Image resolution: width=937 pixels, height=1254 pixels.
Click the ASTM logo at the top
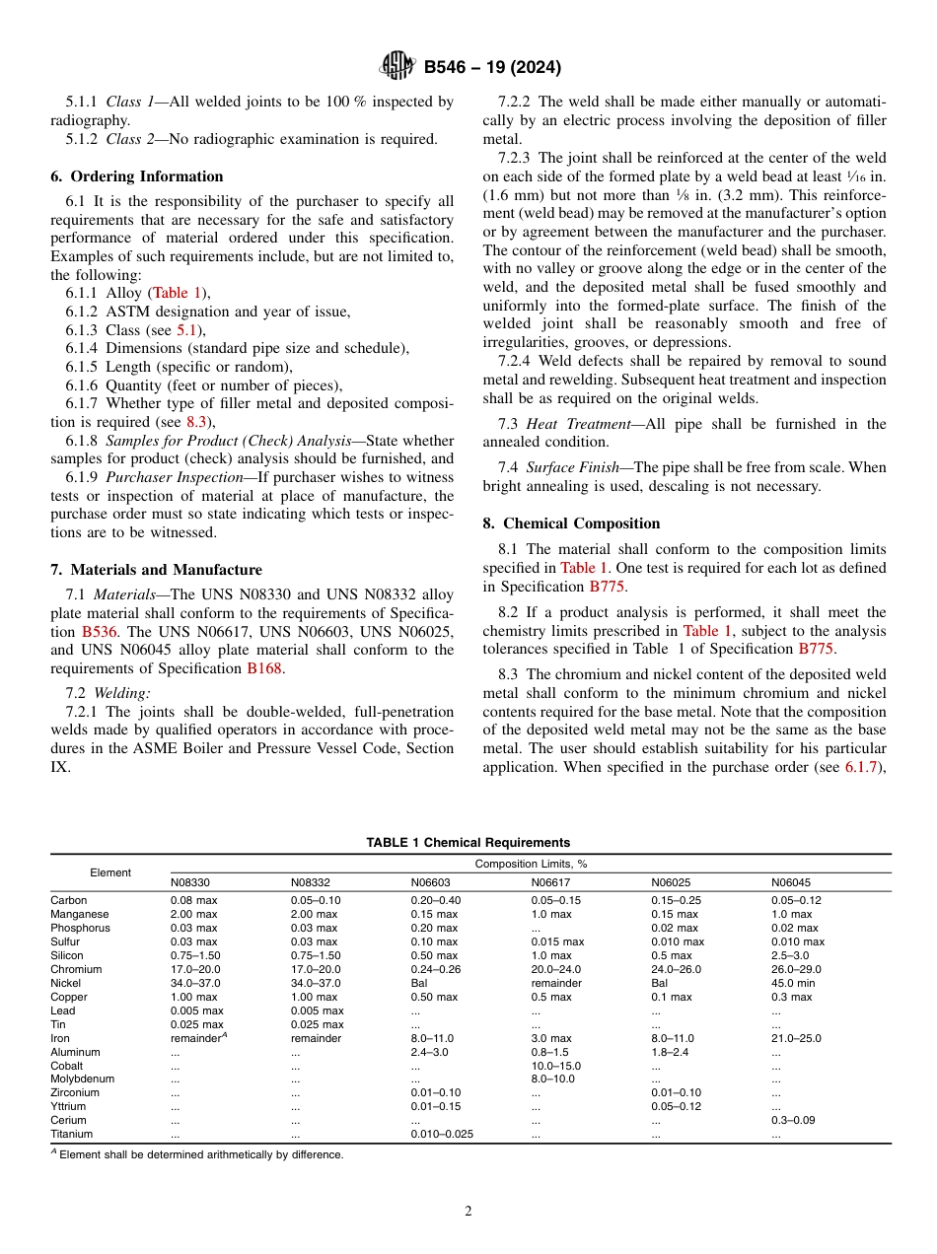(x=397, y=67)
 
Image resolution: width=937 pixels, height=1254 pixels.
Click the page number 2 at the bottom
(x=468, y=1211)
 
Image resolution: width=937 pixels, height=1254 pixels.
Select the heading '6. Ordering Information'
(x=136, y=176)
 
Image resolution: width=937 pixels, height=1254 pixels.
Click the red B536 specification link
(x=100, y=631)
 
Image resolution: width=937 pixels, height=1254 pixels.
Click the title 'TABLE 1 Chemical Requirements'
(x=468, y=842)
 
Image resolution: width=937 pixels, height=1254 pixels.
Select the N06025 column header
(x=671, y=882)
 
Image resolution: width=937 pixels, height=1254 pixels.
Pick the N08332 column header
(x=310, y=882)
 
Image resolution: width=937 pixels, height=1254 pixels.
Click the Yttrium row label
(x=68, y=1106)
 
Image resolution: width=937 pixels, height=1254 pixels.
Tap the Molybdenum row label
(x=82, y=1079)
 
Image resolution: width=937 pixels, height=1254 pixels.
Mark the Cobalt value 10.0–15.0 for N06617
(x=555, y=1066)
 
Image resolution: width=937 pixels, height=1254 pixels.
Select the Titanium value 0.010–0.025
(x=442, y=1134)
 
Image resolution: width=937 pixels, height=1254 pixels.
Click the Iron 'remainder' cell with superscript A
(x=197, y=1038)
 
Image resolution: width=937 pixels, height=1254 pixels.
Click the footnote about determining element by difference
(x=197, y=1154)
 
